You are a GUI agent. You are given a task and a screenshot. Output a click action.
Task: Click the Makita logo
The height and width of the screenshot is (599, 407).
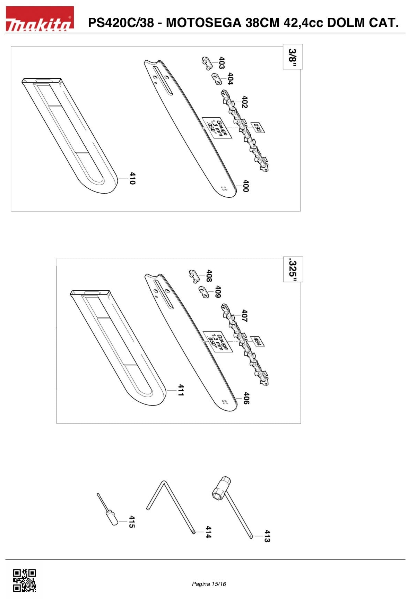(x=40, y=19)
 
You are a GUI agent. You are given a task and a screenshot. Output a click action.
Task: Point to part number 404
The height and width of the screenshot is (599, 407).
(x=230, y=79)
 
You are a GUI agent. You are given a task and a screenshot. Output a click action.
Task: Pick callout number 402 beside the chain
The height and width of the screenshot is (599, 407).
(x=245, y=102)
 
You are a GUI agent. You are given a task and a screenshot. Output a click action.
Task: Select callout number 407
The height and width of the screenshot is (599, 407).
(x=244, y=316)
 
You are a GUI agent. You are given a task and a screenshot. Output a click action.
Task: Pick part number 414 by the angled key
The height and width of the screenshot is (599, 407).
(x=208, y=532)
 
